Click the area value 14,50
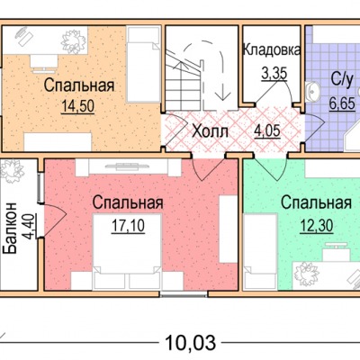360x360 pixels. pos(78,106)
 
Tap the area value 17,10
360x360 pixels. pos(128,225)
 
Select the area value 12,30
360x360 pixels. pos(316,225)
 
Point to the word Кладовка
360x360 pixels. pos(271,50)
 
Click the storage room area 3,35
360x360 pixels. pos(274,74)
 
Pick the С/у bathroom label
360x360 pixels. pos(341,80)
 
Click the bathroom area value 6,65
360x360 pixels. pos(342,103)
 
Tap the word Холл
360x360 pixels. pos(211,131)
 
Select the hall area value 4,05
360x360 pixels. pos(267,131)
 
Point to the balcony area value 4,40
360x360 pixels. pos(30,226)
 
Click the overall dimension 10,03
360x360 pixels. pos(191,343)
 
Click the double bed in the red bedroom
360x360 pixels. pos(128,248)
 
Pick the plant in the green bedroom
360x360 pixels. pos(305,274)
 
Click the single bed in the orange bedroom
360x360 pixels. pos(142,64)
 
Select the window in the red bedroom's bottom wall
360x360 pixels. pos(184,294)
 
